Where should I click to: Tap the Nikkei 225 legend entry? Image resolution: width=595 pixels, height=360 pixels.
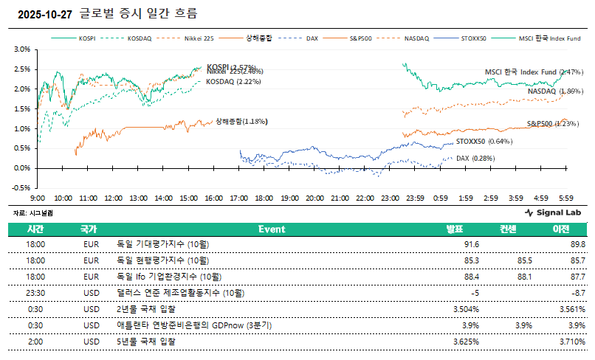(x=198, y=37)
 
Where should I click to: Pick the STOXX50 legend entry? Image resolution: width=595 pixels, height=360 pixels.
(x=474, y=37)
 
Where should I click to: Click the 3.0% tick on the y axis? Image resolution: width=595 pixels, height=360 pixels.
(x=21, y=49)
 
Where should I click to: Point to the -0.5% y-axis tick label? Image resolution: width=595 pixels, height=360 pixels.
(x=21, y=187)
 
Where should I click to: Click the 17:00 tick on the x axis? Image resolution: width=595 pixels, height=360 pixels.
(x=238, y=198)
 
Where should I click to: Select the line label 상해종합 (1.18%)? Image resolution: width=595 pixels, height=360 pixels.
(x=241, y=122)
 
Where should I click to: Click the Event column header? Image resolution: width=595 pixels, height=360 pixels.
(x=272, y=229)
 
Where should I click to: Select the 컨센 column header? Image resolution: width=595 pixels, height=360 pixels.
(x=509, y=229)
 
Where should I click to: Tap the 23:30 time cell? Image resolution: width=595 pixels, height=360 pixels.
(x=36, y=293)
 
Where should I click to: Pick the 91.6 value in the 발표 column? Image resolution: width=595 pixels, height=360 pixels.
(x=472, y=244)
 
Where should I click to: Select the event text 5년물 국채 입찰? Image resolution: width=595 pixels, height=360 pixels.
(x=147, y=342)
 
